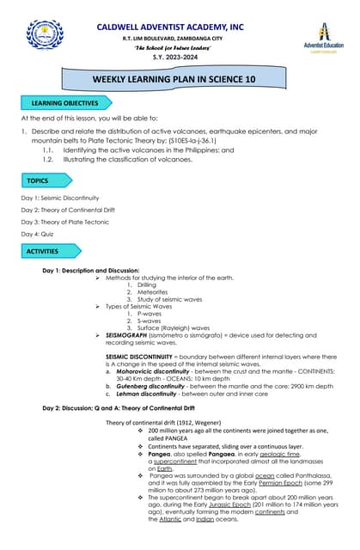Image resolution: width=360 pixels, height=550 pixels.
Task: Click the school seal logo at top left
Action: (x=45, y=35)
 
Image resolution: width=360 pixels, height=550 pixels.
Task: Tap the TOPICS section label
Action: (x=38, y=180)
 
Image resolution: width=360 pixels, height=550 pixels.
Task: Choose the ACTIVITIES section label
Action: (x=42, y=252)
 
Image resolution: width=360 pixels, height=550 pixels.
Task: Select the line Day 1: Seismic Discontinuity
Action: (x=60, y=198)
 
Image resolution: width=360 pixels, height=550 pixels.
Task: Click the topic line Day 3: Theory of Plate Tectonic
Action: (x=65, y=222)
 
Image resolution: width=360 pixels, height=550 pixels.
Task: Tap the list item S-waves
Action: (x=137, y=320)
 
